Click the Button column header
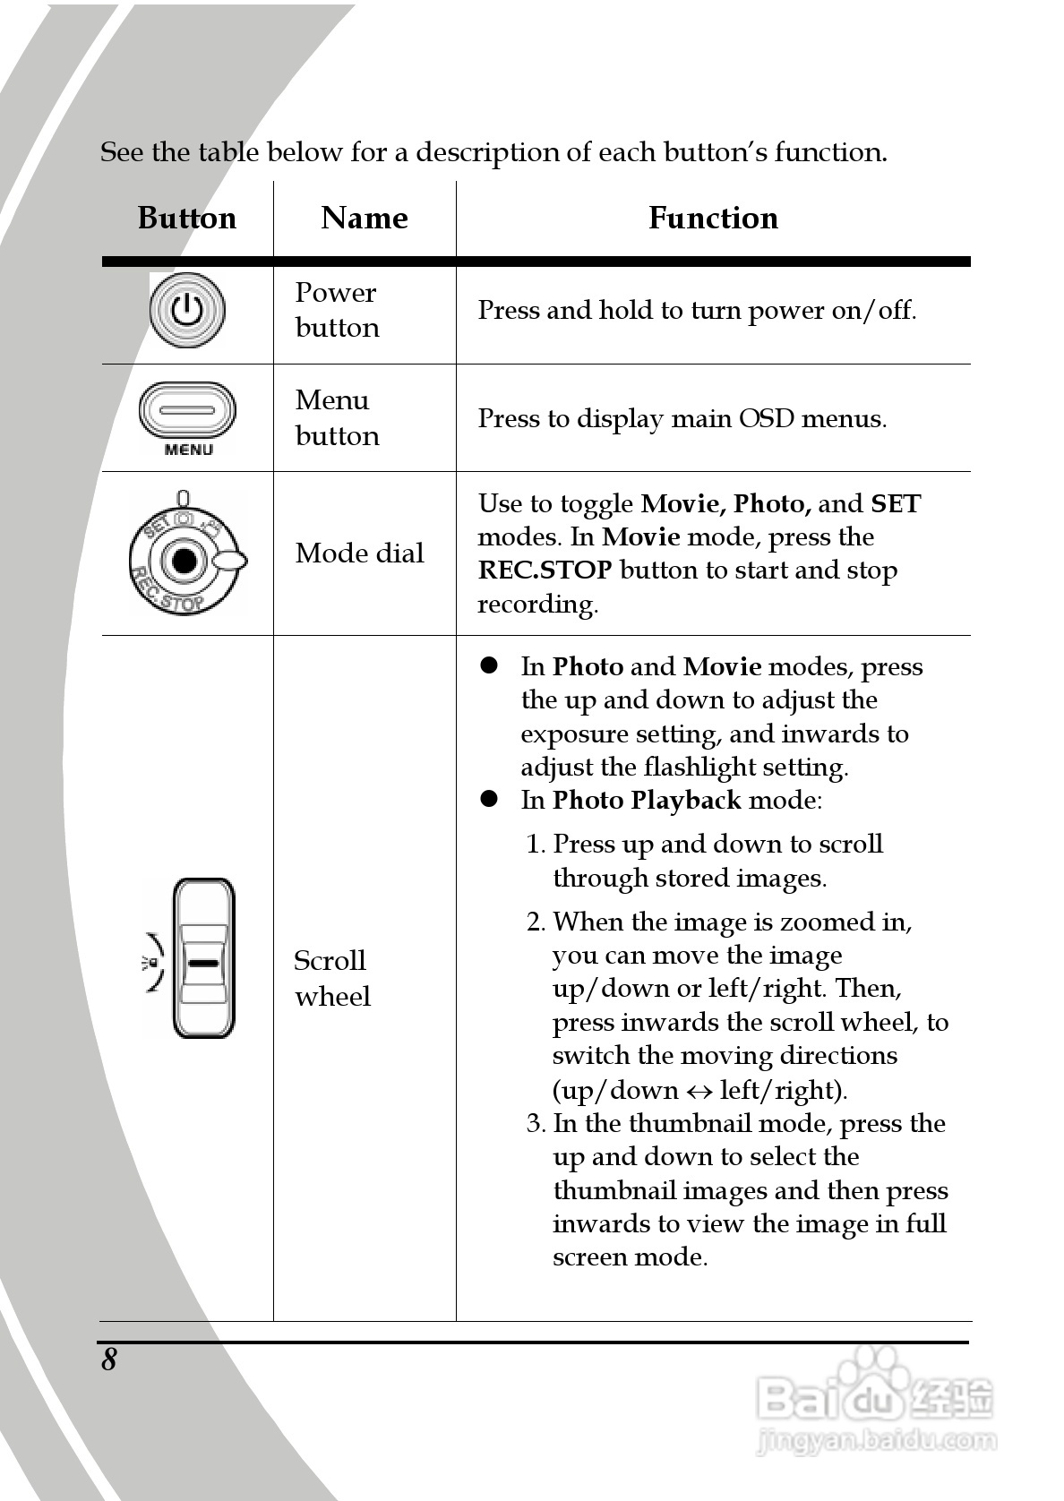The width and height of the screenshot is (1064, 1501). click(x=186, y=218)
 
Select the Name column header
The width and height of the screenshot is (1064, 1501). click(x=364, y=218)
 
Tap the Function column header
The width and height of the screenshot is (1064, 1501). click(x=713, y=218)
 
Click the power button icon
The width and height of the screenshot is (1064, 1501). click(x=187, y=310)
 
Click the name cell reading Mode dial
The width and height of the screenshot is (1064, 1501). click(x=359, y=553)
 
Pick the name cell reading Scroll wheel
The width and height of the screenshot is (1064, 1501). click(x=332, y=978)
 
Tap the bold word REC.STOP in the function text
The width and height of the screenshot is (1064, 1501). click(x=545, y=570)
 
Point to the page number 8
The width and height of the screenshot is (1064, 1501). click(x=108, y=1359)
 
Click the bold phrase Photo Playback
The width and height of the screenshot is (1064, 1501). click(x=646, y=800)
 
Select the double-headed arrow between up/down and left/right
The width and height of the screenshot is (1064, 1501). click(x=699, y=1090)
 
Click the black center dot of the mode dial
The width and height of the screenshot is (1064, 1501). click(x=184, y=561)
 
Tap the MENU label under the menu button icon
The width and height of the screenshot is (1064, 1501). click(x=188, y=450)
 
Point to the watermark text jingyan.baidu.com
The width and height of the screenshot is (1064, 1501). click(x=876, y=1441)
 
